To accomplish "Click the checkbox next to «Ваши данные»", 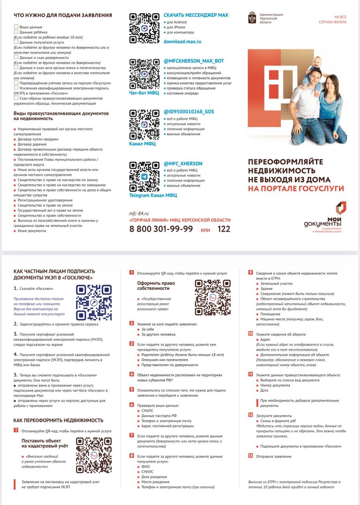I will pos(16,26).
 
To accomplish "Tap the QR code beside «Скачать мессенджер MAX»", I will pos(144,28).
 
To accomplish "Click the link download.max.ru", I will pos(183,41).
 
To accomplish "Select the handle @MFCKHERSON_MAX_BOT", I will pos(194,61).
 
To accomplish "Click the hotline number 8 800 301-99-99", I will pos(161,229).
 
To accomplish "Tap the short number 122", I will pos(224,229).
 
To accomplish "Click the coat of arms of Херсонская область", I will pos(252,18).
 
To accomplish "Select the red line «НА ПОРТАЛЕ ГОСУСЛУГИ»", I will pos(296,189).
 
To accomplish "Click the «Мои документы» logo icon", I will pos(341,208).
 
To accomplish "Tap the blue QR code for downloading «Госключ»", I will pos(94,302).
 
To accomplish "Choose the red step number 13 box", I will pos(250,456).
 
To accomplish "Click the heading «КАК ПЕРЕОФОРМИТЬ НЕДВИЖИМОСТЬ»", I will pos(58,420).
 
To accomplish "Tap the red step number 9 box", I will pos(250,272).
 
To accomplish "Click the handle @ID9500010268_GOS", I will pos(189,112).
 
